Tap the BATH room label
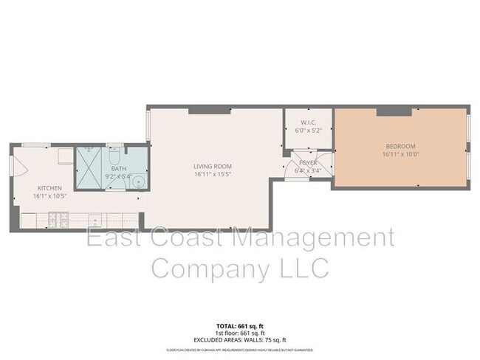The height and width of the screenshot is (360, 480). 117,170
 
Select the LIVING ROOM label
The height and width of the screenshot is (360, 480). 213,166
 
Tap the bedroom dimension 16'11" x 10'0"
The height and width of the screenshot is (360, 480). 400,155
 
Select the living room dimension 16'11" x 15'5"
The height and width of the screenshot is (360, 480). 213,175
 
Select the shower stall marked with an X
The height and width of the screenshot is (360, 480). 92,167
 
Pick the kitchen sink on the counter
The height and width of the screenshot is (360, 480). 95,219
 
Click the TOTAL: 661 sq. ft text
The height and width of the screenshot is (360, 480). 236,325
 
